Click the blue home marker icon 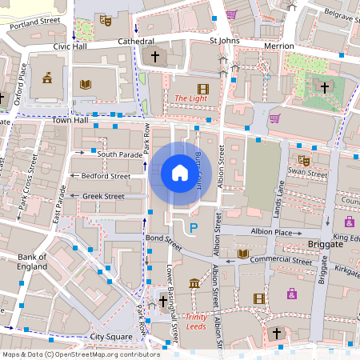pyautogui.click(x=179, y=173)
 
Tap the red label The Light pyautogui.click(x=190, y=98)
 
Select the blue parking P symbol pyautogui.click(x=193, y=229)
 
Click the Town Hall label pyautogui.click(x=69, y=119)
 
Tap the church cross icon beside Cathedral pyautogui.click(x=155, y=57)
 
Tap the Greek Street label pyautogui.click(x=103, y=196)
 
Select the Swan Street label pyautogui.click(x=307, y=173)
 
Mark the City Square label pyautogui.click(x=109, y=338)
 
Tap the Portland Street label pyautogui.click(x=36, y=24)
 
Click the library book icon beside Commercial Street pyautogui.click(x=243, y=254)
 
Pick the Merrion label pyautogui.click(x=278, y=46)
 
